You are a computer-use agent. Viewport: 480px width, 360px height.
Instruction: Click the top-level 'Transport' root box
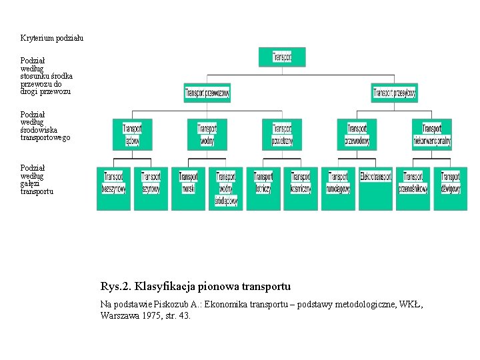point(282,57)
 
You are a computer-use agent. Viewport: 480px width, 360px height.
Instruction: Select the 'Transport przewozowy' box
point(207,93)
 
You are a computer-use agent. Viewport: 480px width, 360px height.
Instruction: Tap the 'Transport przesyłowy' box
point(395,93)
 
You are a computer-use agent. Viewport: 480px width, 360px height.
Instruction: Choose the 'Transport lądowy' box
point(132,134)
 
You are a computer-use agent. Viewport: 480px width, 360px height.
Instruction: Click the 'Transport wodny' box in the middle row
point(207,134)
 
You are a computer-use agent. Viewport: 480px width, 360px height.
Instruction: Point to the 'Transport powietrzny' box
point(282,134)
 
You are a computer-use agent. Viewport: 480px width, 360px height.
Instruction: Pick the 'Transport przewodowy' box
point(357,134)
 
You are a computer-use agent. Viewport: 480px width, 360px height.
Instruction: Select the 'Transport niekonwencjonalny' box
point(432,134)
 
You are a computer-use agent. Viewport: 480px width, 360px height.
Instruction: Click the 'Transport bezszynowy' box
point(113,189)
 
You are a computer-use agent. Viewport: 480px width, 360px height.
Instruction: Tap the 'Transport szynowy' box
point(151,189)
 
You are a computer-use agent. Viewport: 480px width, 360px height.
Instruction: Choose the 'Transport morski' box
point(189,189)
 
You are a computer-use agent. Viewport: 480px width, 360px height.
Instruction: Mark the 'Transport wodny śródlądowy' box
point(226,189)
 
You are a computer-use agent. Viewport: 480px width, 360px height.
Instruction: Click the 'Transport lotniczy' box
point(263,189)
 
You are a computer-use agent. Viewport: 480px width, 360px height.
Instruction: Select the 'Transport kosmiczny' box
point(301,189)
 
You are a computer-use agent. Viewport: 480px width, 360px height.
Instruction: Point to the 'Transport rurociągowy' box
point(338,189)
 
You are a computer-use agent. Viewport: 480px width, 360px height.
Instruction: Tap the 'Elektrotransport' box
point(375,189)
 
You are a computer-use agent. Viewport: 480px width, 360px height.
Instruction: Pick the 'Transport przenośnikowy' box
point(413,189)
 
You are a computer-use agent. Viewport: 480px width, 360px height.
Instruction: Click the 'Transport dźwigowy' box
point(451,189)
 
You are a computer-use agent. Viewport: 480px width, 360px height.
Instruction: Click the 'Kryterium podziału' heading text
point(52,38)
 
